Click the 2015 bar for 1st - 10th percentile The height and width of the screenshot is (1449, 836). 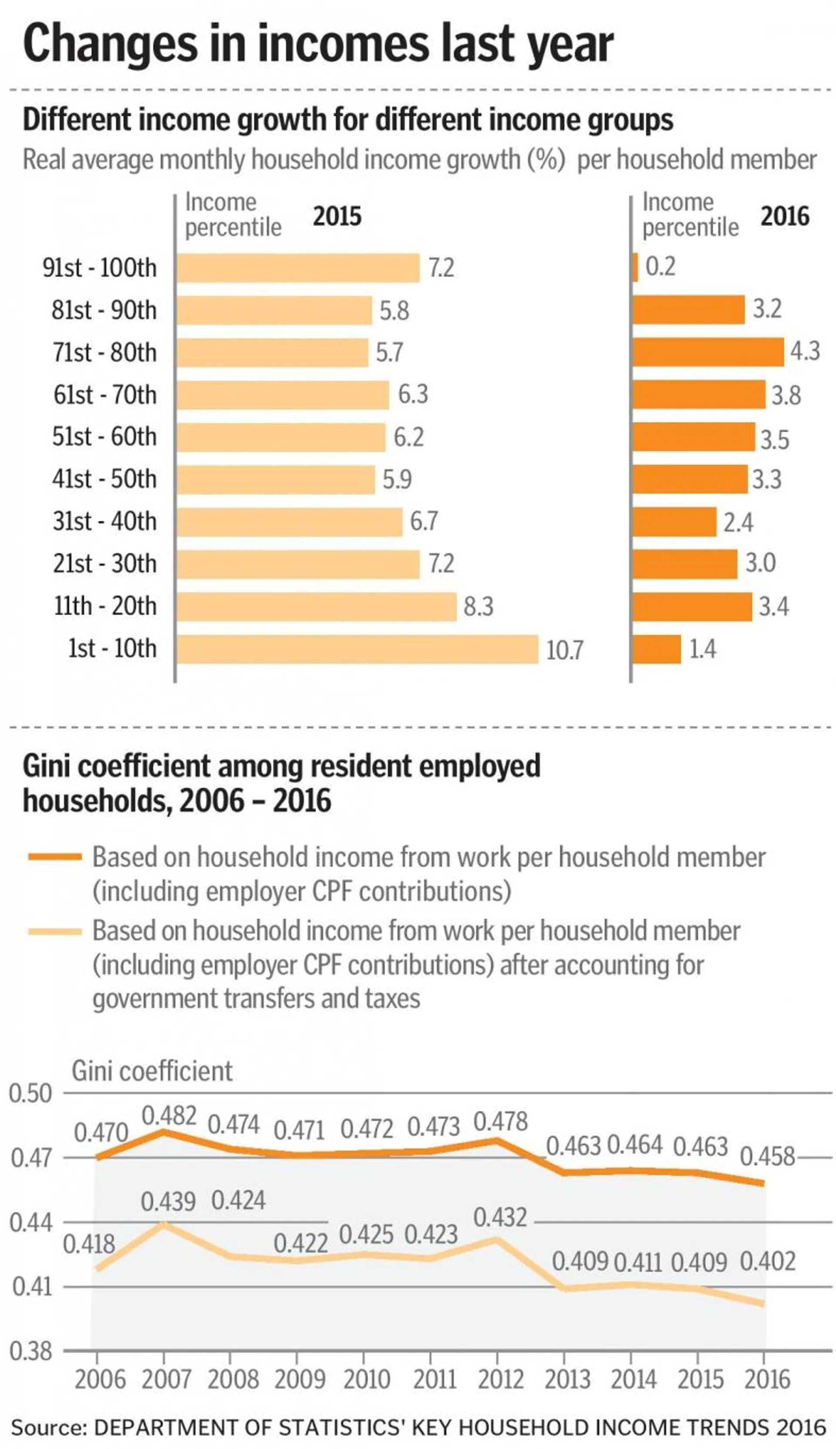point(357,649)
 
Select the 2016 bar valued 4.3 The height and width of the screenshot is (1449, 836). point(708,352)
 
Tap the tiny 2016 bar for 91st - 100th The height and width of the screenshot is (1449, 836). point(635,267)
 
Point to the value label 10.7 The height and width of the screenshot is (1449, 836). point(564,650)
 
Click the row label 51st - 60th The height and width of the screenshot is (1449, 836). point(104,437)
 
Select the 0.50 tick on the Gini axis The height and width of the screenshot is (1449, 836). point(30,1093)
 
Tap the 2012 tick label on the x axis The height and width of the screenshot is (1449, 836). point(500,1379)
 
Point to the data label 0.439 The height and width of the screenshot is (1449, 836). point(168,1202)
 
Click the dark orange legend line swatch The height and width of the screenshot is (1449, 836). point(55,857)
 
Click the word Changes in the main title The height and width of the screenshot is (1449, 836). point(109,44)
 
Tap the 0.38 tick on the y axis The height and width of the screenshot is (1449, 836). point(30,1351)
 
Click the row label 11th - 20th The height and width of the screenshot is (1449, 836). point(105,606)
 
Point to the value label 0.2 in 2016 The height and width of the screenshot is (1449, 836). point(660,267)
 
